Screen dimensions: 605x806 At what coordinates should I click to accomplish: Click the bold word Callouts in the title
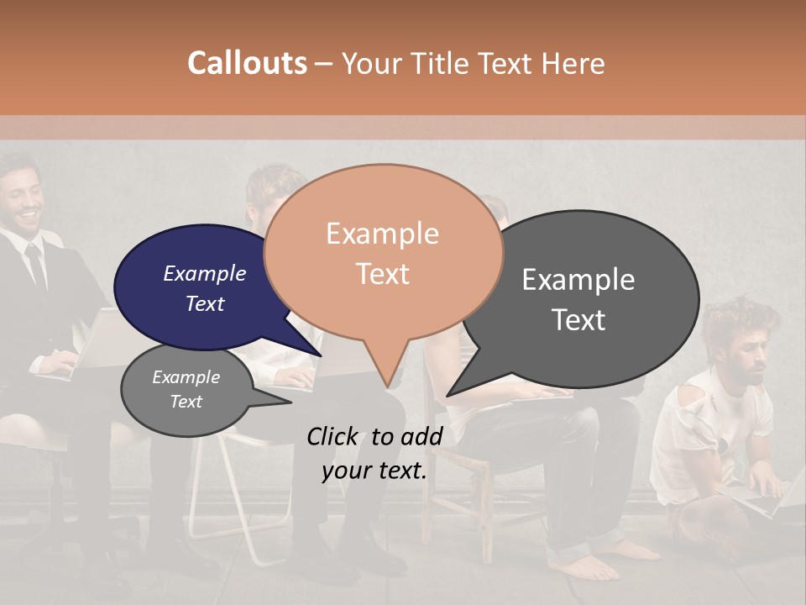(x=247, y=63)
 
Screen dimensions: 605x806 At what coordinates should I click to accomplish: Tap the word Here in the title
(x=573, y=63)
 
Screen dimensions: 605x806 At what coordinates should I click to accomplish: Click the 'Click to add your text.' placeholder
(x=374, y=453)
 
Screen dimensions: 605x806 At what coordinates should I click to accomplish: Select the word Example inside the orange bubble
(x=382, y=234)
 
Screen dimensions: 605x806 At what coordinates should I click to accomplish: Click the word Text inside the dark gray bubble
(x=579, y=320)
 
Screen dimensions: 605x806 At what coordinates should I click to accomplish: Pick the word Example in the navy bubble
(x=204, y=273)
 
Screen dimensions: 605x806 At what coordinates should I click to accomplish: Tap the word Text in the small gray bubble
(x=186, y=402)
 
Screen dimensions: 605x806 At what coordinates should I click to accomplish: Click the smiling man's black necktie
(x=35, y=265)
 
